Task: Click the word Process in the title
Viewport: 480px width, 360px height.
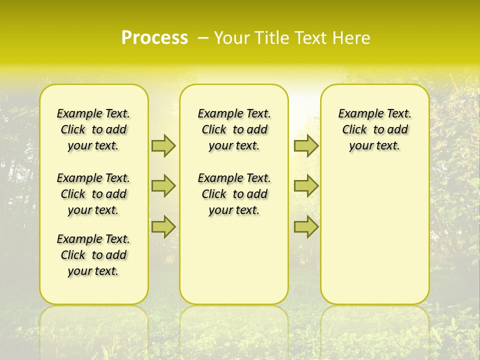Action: [154, 38]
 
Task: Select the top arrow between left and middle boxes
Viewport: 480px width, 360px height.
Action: [163, 145]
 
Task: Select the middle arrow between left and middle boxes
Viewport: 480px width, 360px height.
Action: [163, 186]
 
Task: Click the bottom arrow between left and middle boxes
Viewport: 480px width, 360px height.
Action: [163, 227]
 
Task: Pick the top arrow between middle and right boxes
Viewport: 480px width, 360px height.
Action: [306, 145]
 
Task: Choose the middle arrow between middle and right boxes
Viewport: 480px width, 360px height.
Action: [306, 186]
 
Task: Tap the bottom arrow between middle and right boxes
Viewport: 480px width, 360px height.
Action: [306, 227]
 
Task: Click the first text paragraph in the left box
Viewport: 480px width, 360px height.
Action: [93, 129]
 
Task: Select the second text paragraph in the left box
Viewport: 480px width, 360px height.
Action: [93, 194]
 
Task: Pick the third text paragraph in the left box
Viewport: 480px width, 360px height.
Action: [93, 255]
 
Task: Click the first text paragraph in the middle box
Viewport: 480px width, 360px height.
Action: [234, 129]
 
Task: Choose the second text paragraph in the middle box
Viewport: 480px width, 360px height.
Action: [234, 194]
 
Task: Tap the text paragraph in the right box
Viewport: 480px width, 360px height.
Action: [375, 129]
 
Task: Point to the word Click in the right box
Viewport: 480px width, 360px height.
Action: [354, 130]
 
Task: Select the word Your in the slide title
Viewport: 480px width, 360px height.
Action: [230, 38]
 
